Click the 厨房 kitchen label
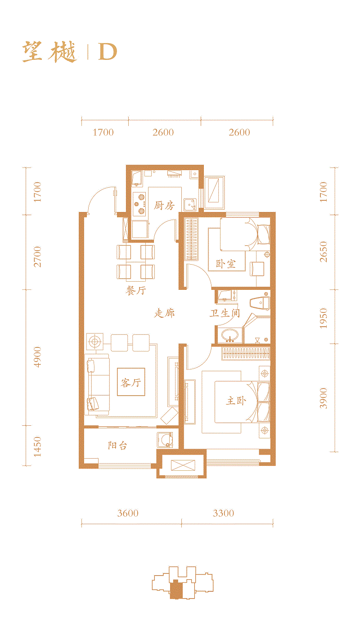pos(164,206)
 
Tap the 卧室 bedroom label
pos(225,264)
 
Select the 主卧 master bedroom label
pos(236,400)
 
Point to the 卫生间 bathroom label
pos(224,313)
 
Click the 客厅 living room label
pos(131,383)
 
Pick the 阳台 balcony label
pos(117,446)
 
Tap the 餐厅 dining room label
pos(135,290)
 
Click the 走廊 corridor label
pos(164,313)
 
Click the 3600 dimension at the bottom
pos(128,513)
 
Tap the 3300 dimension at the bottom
pos(223,513)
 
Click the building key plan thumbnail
pos(182,581)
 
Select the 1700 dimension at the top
pos(103,132)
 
